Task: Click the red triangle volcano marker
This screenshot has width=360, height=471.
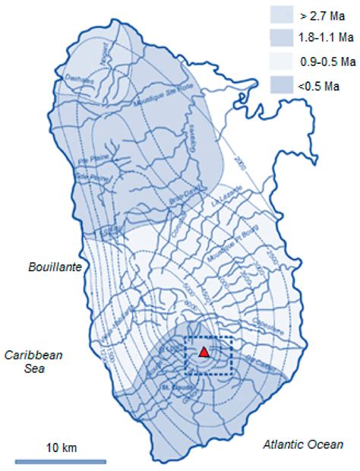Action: (x=204, y=352)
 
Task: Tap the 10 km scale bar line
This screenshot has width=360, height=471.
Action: (x=61, y=460)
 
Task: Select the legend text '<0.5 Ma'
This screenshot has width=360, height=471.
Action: (x=318, y=87)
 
